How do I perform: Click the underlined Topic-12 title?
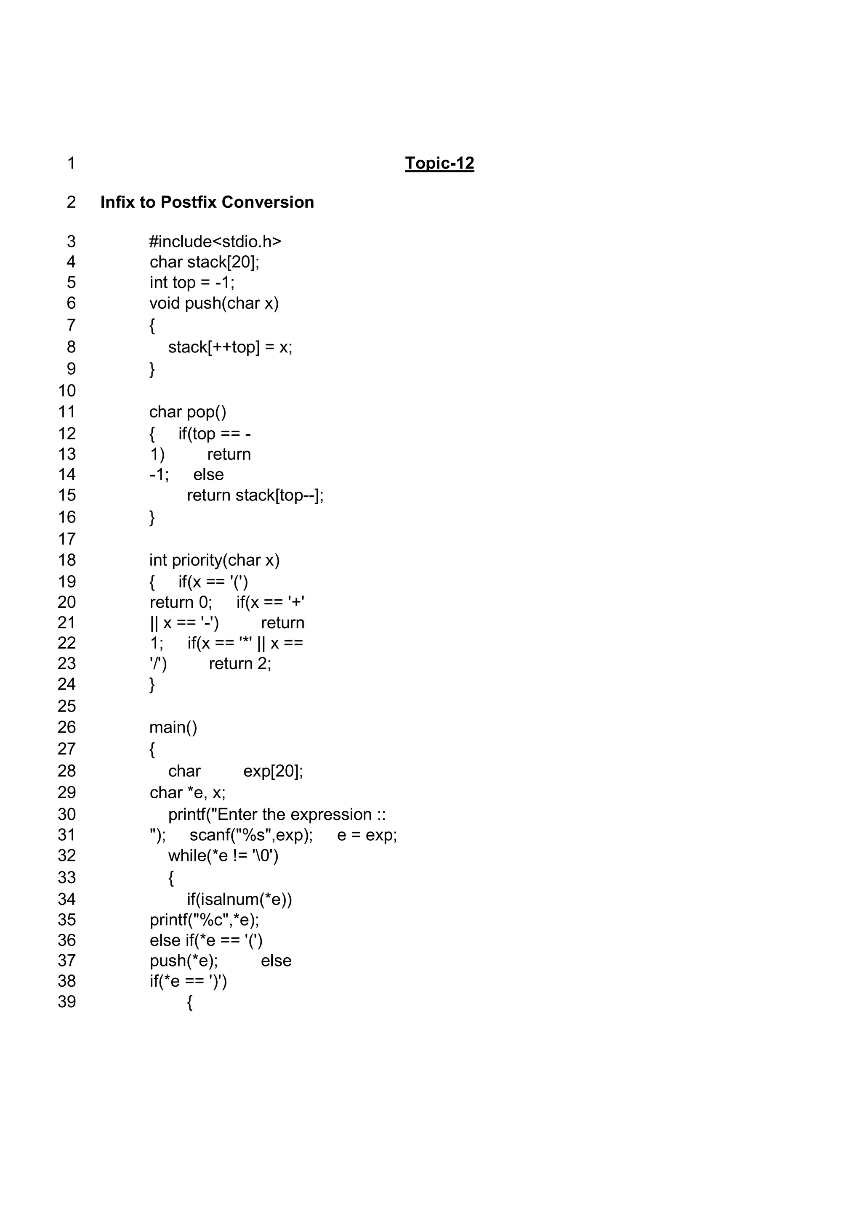439,163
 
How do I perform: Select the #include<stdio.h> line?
215,242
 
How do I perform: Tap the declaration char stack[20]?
205,262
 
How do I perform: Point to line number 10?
67,390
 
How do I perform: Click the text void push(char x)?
214,303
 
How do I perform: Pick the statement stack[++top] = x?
230,347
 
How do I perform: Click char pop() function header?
187,412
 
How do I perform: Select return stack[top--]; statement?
255,495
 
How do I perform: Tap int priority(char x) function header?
214,560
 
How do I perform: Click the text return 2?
240,664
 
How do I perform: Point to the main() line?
173,727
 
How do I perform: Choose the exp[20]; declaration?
273,771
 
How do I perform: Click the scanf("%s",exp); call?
251,835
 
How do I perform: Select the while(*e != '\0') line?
223,855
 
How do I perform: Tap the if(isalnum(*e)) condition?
239,899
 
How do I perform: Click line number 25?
67,706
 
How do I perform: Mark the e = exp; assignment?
367,835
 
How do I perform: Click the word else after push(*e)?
276,961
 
